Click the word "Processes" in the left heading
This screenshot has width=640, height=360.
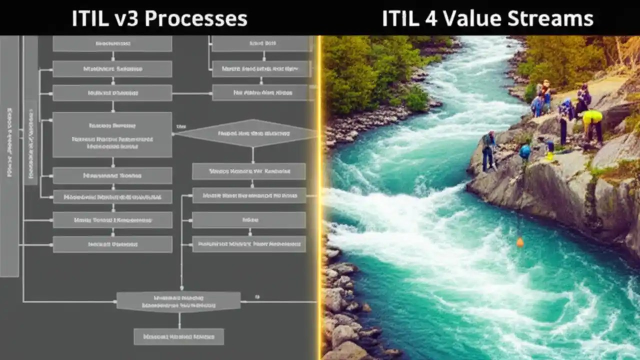pos(204,19)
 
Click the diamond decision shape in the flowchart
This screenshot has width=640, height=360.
pos(247,133)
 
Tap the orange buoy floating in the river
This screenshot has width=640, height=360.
pos(520,242)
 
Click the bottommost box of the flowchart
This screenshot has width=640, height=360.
pos(178,336)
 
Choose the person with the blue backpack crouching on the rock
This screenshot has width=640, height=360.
pos(525,152)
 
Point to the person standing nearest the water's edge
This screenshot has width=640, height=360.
pos(488,150)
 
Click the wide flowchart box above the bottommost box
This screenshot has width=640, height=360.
pos(178,301)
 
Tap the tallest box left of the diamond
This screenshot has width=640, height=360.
pos(112,134)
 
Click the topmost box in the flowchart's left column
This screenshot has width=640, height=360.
pos(112,43)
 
